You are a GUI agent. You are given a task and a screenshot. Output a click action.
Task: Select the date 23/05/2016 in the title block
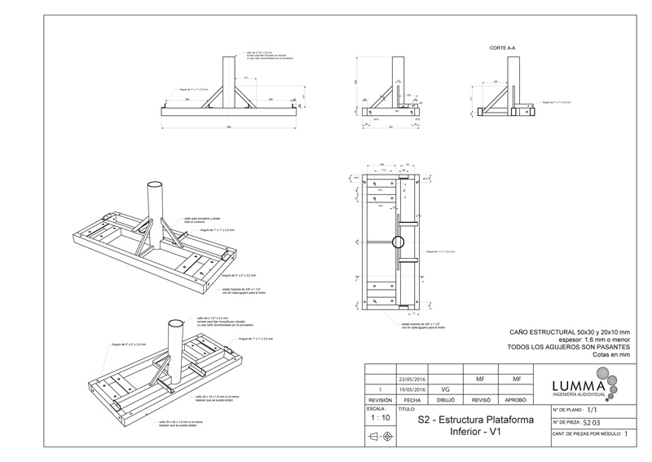point(413,379)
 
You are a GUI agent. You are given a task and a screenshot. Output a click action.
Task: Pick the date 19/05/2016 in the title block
point(413,390)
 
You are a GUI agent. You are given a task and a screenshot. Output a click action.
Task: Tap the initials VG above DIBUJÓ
point(446,390)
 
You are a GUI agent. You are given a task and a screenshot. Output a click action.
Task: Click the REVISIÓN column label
point(381,401)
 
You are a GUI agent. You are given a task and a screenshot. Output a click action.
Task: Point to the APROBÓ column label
point(513,401)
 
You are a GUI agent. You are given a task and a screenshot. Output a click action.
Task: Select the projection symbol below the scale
point(380,437)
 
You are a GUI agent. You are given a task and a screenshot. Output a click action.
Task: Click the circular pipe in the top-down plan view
point(398,242)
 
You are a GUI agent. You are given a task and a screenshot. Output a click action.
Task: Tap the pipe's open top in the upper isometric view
point(154,184)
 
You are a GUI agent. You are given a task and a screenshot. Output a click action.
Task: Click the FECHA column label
point(413,401)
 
